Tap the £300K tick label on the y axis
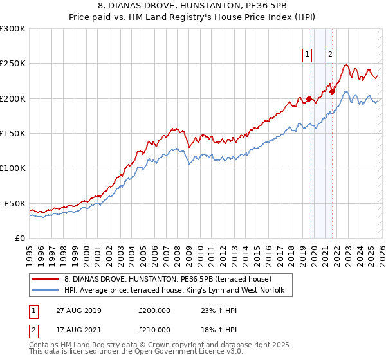point(12,29)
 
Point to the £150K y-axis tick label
point(12,133)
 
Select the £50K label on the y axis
point(15,203)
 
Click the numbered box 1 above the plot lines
point(307,55)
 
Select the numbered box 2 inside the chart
point(330,55)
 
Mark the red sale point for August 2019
point(309,99)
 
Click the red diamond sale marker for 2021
point(332,92)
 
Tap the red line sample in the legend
point(44,279)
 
